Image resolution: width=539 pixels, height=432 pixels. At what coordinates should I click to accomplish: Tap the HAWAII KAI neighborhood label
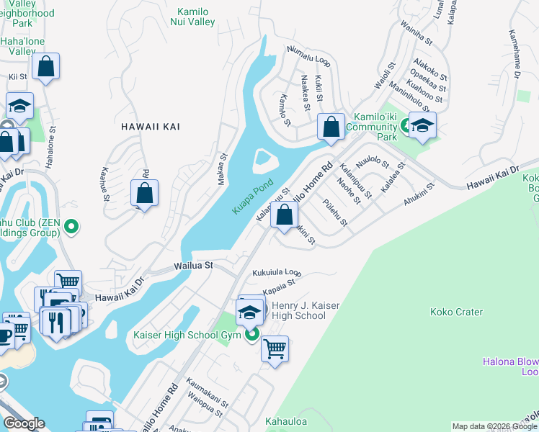click(151, 127)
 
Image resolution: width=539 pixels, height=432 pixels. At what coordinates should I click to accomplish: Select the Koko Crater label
click(456, 312)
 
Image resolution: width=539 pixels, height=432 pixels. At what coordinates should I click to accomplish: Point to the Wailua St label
click(193, 266)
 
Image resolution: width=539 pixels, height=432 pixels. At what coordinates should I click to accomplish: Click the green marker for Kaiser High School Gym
click(251, 335)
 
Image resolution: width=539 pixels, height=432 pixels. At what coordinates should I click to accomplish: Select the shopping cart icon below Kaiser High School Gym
click(275, 349)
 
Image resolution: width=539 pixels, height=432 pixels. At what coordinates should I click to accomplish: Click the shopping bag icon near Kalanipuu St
click(285, 214)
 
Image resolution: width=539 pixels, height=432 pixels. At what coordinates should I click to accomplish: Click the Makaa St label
click(223, 168)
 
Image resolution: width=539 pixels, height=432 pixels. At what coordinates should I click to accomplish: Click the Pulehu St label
click(336, 212)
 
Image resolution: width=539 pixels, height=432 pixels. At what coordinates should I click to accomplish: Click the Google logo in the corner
click(24, 423)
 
